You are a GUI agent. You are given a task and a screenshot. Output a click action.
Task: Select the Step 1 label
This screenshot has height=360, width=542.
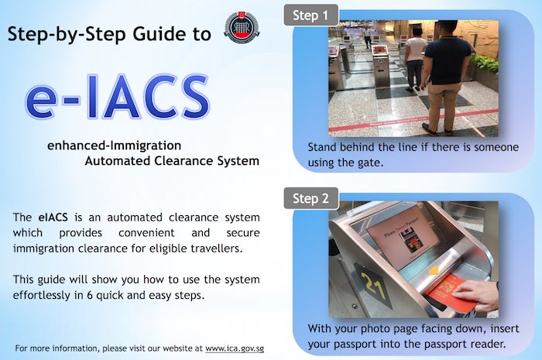point(310,16)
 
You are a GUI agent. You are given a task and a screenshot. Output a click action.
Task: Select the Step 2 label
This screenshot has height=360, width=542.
point(310,199)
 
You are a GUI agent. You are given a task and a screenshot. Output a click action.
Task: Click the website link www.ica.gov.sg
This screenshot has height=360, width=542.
point(238,347)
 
